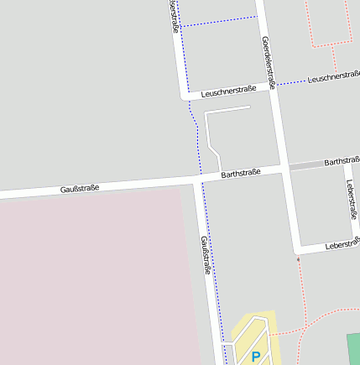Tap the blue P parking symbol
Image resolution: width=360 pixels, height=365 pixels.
click(x=256, y=357)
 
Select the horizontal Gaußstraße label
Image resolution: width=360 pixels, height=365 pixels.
click(x=80, y=189)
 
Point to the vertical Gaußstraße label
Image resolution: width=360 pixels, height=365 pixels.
click(x=205, y=256)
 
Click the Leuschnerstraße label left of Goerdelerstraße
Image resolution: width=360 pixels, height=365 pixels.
click(x=228, y=91)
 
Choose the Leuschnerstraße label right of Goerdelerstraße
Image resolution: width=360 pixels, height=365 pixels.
click(x=334, y=77)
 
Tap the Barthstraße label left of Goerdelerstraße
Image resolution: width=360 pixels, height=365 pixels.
click(x=241, y=173)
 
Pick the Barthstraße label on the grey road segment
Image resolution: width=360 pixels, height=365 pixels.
click(x=341, y=160)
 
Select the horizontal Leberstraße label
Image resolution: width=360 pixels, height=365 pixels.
click(x=342, y=246)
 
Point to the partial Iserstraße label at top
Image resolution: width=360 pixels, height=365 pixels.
click(x=174, y=16)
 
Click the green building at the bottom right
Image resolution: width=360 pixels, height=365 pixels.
click(x=353, y=347)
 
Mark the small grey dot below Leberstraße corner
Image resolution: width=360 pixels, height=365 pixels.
click(x=298, y=259)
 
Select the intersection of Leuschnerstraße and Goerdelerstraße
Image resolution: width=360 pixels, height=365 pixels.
click(x=274, y=85)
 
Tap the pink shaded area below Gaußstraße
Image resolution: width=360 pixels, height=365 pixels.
click(x=92, y=277)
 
